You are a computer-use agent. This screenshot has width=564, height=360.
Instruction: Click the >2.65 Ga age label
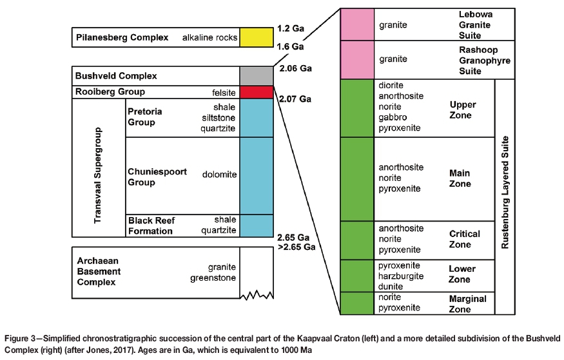(x=295, y=247)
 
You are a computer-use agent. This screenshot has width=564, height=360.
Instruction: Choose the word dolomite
(x=219, y=175)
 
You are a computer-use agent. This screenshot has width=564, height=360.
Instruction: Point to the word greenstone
(x=213, y=279)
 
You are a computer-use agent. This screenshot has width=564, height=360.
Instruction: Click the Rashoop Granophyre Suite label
(x=474, y=59)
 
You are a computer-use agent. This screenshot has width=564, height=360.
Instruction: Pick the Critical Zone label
(x=464, y=239)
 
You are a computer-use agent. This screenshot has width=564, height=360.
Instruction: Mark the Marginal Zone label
(x=467, y=304)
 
